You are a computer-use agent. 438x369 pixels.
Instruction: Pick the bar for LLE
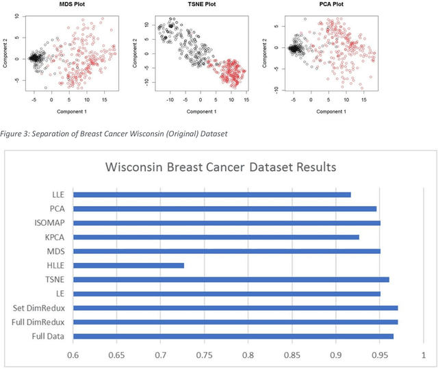click(211, 194)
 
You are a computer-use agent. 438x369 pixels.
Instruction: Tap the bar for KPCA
click(216, 237)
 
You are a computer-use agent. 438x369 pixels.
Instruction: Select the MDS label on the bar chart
click(55, 251)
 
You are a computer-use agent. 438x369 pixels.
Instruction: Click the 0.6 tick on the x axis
click(73, 355)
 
